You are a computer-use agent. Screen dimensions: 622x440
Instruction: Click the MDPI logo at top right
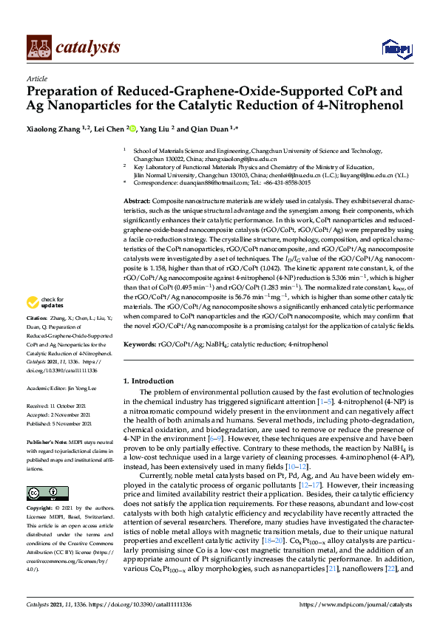click(396, 49)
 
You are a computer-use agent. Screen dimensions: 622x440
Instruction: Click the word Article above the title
click(36, 78)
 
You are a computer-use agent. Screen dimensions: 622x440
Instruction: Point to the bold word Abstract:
click(138, 201)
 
